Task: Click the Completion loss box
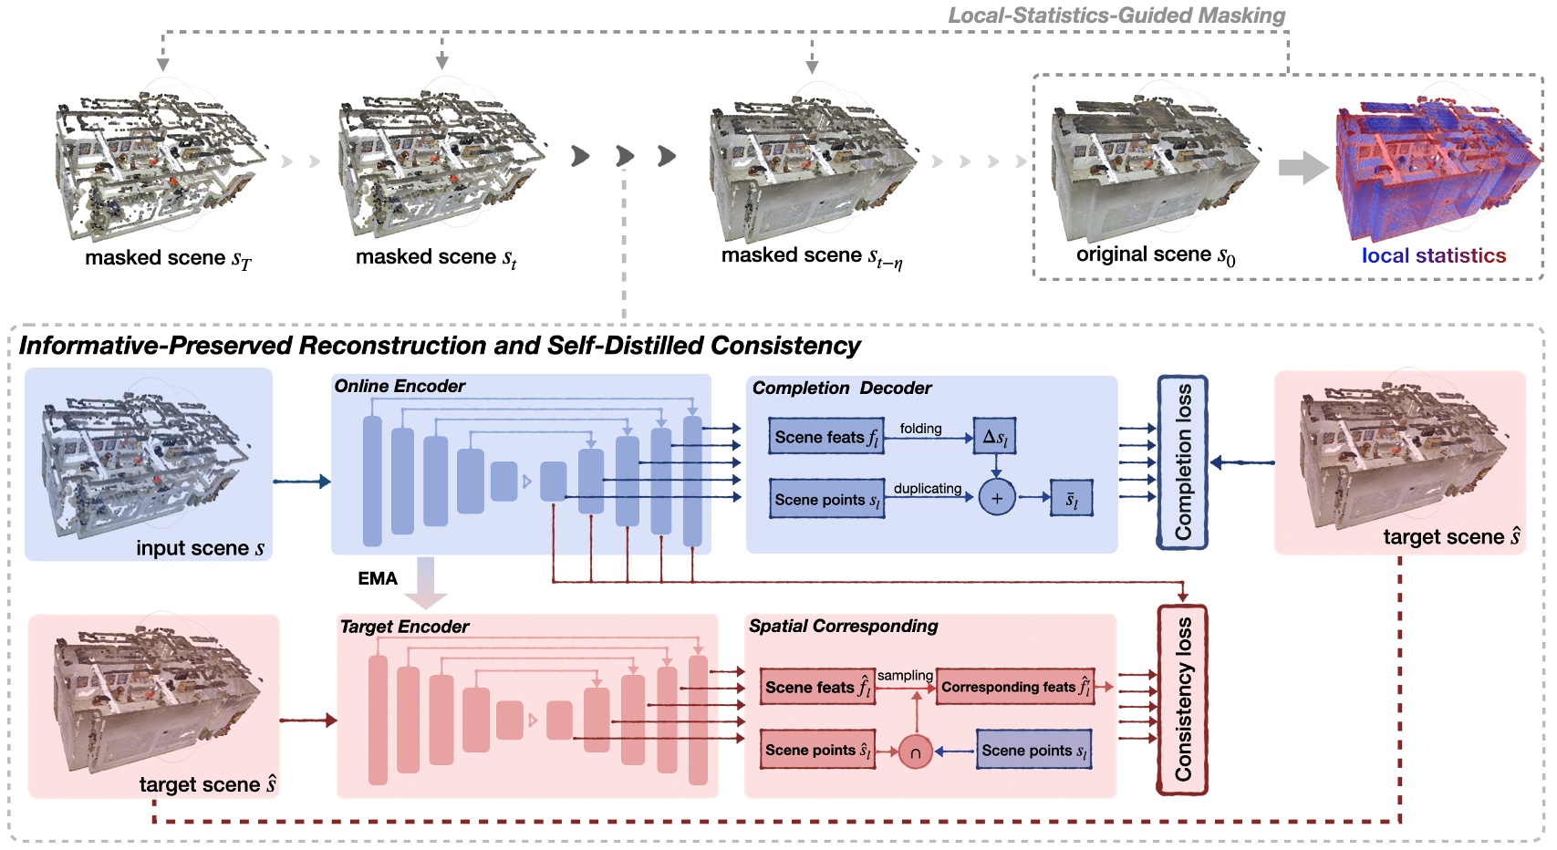pyautogui.click(x=1182, y=462)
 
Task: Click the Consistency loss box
pyautogui.click(x=1182, y=700)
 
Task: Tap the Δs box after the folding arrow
pyautogui.click(x=995, y=437)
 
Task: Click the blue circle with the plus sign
pyautogui.click(x=996, y=498)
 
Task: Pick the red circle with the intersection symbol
pyautogui.click(x=915, y=752)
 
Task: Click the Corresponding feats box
pyautogui.click(x=1015, y=687)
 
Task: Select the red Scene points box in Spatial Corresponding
pyautogui.click(x=818, y=750)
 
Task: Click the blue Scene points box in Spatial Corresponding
pyautogui.click(x=1034, y=751)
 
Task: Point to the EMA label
pyautogui.click(x=378, y=579)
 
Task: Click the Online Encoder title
pyautogui.click(x=400, y=386)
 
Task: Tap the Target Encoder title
pyautogui.click(x=404, y=627)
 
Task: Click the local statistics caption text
pyautogui.click(x=1433, y=256)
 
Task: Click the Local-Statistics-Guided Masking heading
pyautogui.click(x=1116, y=16)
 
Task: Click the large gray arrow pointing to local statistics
pyautogui.click(x=1303, y=167)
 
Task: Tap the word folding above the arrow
pyautogui.click(x=920, y=428)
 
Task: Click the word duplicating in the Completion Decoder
pyautogui.click(x=927, y=488)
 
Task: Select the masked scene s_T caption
pyautogui.click(x=168, y=259)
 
